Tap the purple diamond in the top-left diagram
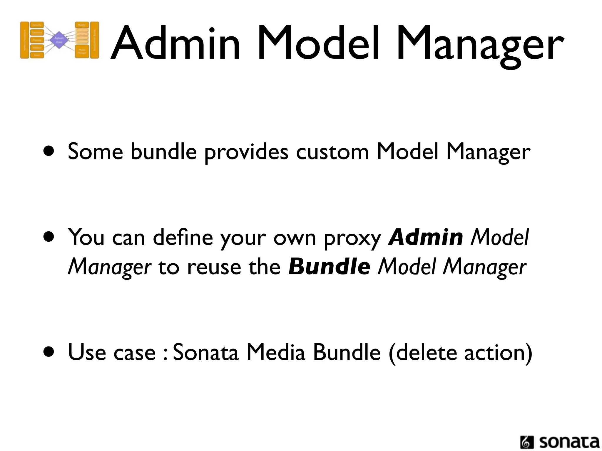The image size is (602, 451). click(x=59, y=40)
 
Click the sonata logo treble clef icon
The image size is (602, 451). click(x=527, y=442)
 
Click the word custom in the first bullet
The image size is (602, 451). click(x=332, y=152)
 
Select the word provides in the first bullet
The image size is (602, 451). click(x=246, y=152)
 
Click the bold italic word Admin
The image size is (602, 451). click(x=425, y=237)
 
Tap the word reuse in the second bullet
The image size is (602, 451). click(x=214, y=267)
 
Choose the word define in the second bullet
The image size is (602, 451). click(x=183, y=237)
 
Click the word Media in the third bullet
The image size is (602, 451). click(x=276, y=352)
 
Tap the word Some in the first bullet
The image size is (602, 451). click(x=95, y=152)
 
